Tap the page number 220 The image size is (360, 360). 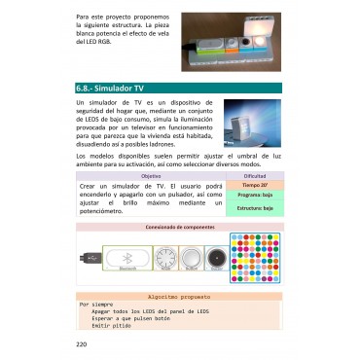(x=81, y=343)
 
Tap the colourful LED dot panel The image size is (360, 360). (x=256, y=257)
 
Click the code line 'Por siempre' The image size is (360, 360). (x=96, y=304)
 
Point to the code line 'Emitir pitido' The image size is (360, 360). (x=112, y=325)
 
